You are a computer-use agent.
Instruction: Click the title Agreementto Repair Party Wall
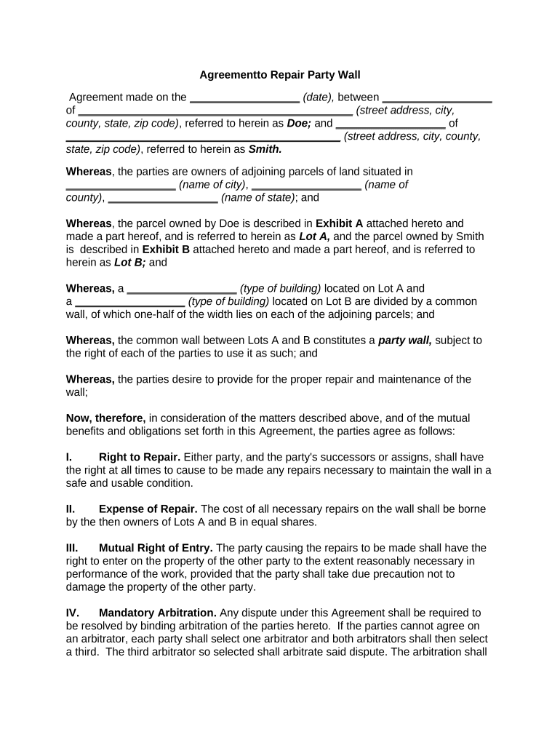point(280,75)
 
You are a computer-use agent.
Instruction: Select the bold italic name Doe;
point(299,124)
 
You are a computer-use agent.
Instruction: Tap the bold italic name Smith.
point(265,149)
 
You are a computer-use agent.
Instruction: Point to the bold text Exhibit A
point(339,223)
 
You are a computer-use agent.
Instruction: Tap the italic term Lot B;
point(129,263)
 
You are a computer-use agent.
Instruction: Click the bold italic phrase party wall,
point(405,340)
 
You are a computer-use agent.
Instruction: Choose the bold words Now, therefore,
point(106,418)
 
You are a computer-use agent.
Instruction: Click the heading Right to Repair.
point(140,457)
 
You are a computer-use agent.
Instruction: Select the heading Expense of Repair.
point(148,509)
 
